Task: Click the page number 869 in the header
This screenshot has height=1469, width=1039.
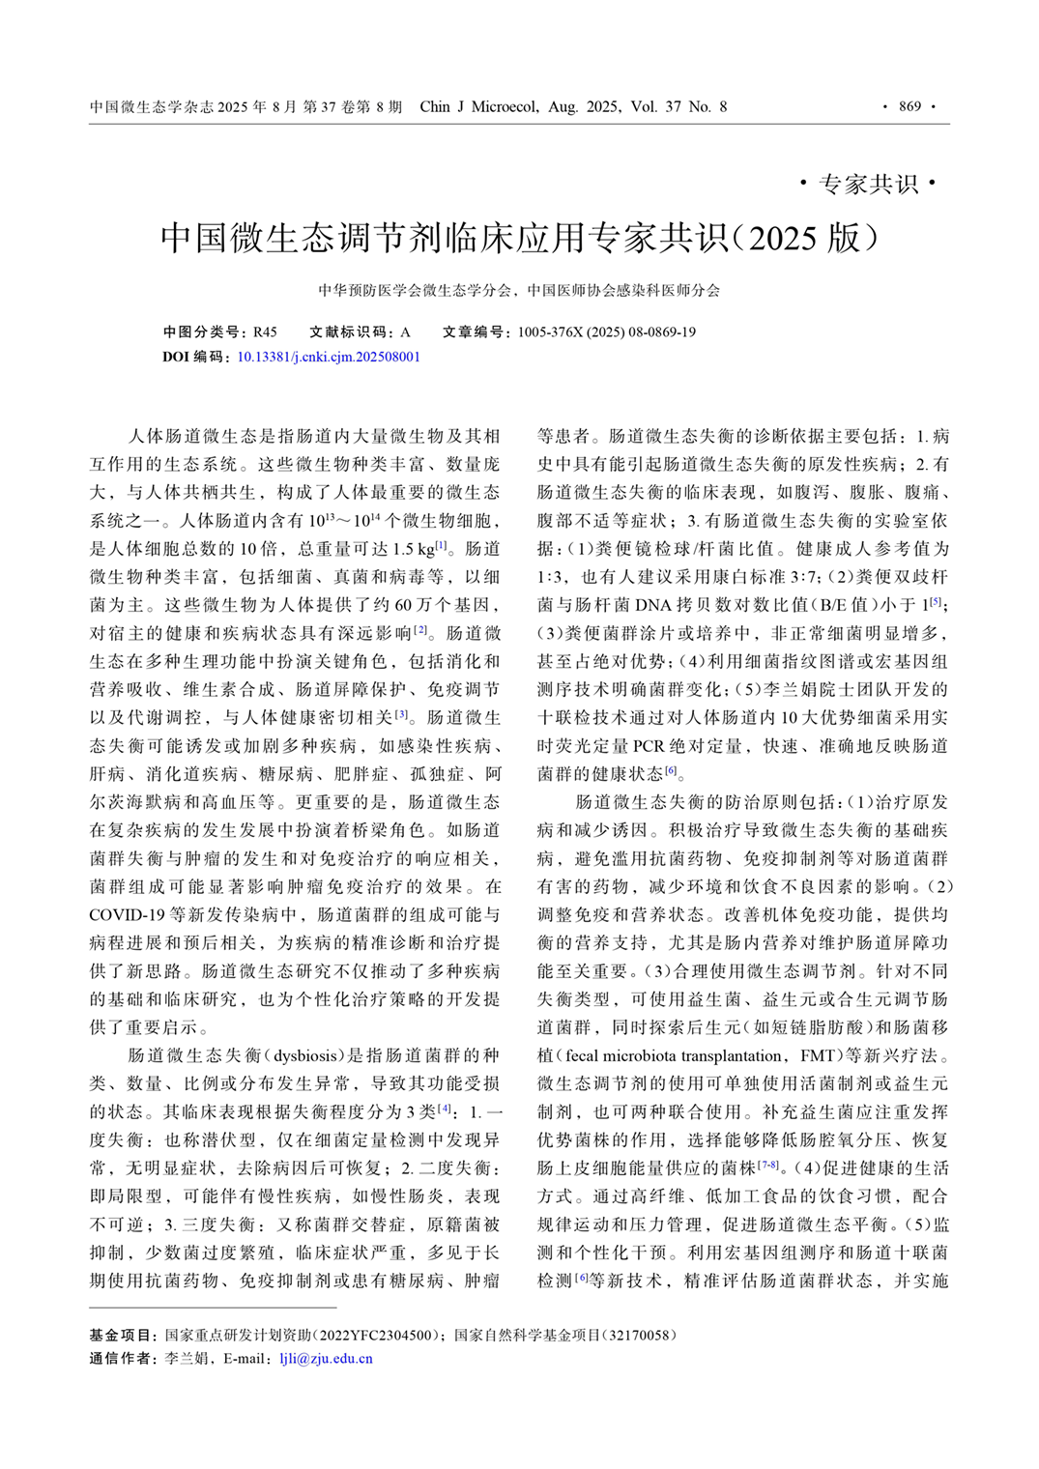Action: [909, 106]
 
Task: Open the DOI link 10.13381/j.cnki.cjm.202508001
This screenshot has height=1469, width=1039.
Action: [329, 357]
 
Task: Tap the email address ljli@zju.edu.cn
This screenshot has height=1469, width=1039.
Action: [326, 1358]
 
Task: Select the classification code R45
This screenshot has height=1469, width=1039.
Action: [265, 332]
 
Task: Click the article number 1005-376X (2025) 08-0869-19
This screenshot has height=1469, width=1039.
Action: [606, 332]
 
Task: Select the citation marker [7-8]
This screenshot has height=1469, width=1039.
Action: [768, 1166]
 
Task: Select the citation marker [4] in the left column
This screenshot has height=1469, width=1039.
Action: [445, 1109]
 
